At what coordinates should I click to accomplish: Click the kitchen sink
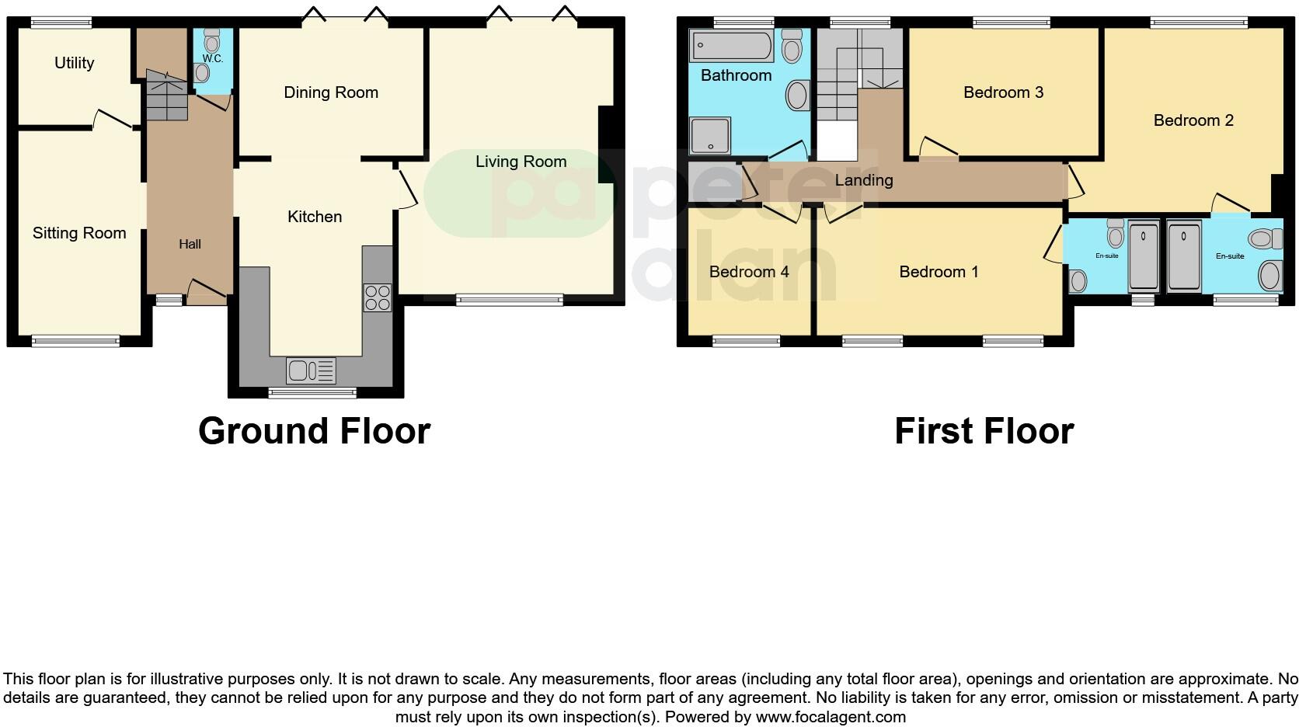(x=311, y=370)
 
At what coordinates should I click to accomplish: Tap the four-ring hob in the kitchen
(x=378, y=298)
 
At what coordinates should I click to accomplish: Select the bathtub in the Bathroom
(x=731, y=46)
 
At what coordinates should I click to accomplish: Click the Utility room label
(x=74, y=63)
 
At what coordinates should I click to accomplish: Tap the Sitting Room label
(x=78, y=233)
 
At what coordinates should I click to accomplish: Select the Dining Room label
(x=330, y=92)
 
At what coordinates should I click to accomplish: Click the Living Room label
(x=521, y=162)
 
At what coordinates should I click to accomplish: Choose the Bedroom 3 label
(x=1002, y=92)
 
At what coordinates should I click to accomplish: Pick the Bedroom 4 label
(x=748, y=272)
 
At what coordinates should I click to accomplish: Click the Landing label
(x=863, y=180)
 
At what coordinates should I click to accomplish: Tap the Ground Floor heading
(x=314, y=431)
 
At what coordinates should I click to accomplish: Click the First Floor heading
(x=983, y=431)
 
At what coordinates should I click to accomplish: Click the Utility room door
(x=113, y=120)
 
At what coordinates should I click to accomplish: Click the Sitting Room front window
(x=75, y=340)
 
